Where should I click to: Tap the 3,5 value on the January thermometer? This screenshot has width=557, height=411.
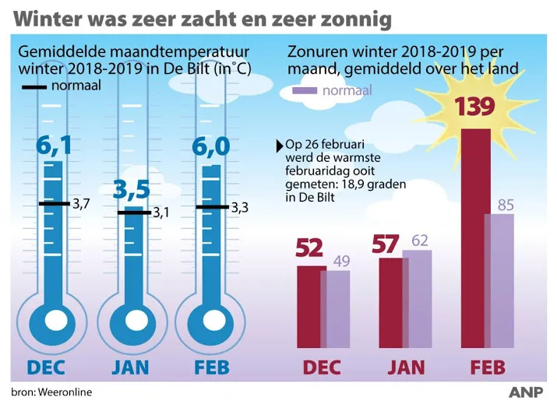pyautogui.click(x=131, y=189)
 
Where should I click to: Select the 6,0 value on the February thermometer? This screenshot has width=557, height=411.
pyautogui.click(x=211, y=146)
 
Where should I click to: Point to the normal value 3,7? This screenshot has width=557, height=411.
pyautogui.click(x=81, y=204)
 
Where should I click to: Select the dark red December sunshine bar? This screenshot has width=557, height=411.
pyautogui.click(x=311, y=307)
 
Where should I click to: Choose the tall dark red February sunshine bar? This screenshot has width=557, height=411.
pyautogui.click(x=475, y=241)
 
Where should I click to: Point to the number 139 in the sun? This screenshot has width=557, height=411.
pyautogui.click(x=475, y=106)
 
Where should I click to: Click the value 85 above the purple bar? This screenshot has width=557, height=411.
pyautogui.click(x=506, y=205)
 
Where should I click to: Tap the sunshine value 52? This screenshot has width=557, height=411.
pyautogui.click(x=309, y=248)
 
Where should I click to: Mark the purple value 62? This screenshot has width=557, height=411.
pyautogui.click(x=421, y=241)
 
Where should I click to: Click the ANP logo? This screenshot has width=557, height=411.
pyautogui.click(x=527, y=392)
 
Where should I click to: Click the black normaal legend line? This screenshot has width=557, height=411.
pyautogui.click(x=34, y=86)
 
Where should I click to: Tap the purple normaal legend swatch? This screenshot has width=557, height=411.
pyautogui.click(x=304, y=91)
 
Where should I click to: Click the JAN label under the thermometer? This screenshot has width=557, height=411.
pyautogui.click(x=130, y=367)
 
